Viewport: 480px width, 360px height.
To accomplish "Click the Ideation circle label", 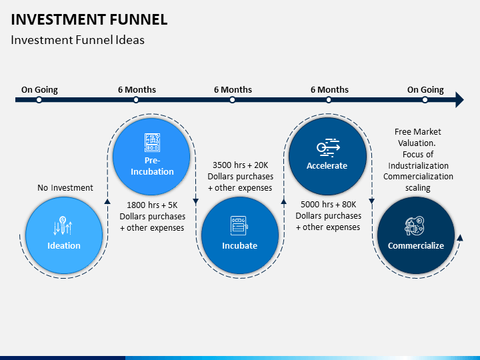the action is pyautogui.click(x=64, y=245).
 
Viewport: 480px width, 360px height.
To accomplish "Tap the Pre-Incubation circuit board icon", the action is pyautogui.click(x=152, y=143).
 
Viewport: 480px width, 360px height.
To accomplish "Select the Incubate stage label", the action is pyautogui.click(x=240, y=245).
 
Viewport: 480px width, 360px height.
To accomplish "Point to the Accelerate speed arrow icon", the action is pyautogui.click(x=328, y=147).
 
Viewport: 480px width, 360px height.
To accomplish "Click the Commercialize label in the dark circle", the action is pyautogui.click(x=416, y=245).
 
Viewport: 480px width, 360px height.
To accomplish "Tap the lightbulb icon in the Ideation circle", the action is pyautogui.click(x=63, y=225).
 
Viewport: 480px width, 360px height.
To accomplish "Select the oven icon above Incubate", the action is pyautogui.click(x=239, y=225).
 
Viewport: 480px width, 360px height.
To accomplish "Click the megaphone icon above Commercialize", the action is pyautogui.click(x=415, y=225).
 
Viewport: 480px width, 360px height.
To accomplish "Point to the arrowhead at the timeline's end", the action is pyautogui.click(x=459, y=99).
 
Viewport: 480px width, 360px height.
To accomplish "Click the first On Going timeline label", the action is pyautogui.click(x=39, y=90).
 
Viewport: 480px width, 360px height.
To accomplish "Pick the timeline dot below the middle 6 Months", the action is pyautogui.click(x=233, y=100).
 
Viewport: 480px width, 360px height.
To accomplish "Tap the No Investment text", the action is pyautogui.click(x=65, y=187).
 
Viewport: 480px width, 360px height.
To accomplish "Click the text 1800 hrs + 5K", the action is pyautogui.click(x=152, y=205).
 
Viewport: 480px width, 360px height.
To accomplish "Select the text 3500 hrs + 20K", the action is pyautogui.click(x=240, y=165).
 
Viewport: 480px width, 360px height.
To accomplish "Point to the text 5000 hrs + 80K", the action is pyautogui.click(x=329, y=204).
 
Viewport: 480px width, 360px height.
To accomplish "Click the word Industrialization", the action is pyautogui.click(x=418, y=165).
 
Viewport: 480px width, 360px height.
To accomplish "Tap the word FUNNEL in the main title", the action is pyautogui.click(x=139, y=19).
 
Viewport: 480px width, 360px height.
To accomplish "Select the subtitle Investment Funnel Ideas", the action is pyautogui.click(x=77, y=40).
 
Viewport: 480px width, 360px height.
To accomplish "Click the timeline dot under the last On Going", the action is pyautogui.click(x=425, y=100).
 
